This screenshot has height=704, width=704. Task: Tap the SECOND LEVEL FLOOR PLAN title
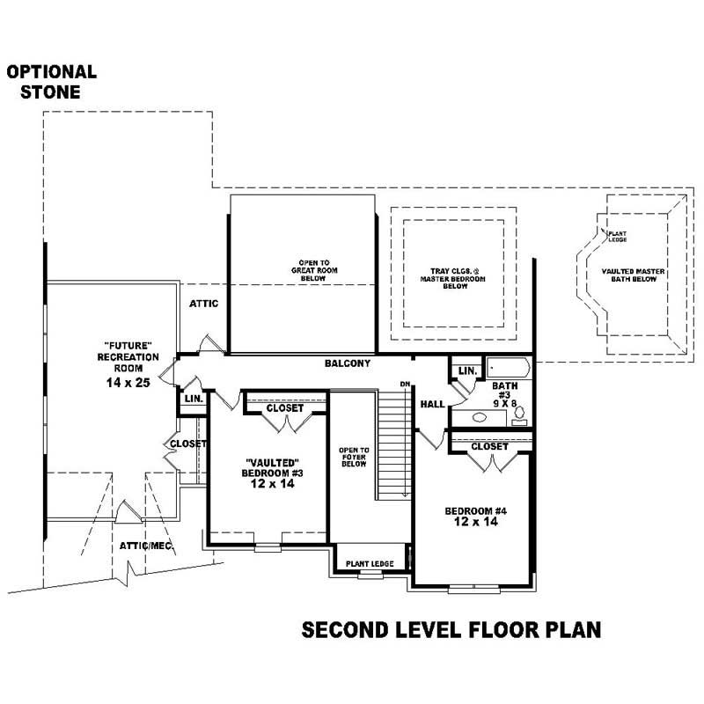(x=451, y=630)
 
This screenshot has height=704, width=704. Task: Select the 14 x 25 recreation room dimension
(x=128, y=384)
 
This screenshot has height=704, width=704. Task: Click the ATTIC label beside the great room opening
(x=203, y=304)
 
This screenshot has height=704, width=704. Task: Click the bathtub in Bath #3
(x=507, y=368)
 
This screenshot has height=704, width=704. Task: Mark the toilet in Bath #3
(x=519, y=412)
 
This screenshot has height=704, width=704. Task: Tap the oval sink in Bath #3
(x=481, y=418)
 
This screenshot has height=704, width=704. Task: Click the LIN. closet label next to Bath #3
(x=467, y=370)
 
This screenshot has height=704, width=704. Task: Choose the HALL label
(x=432, y=404)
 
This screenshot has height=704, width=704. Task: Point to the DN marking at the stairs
(x=405, y=384)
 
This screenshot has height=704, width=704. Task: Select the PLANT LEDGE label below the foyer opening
(x=369, y=563)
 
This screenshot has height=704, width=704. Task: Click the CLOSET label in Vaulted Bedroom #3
(x=283, y=408)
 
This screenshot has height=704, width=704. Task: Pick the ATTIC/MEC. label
(x=146, y=546)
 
